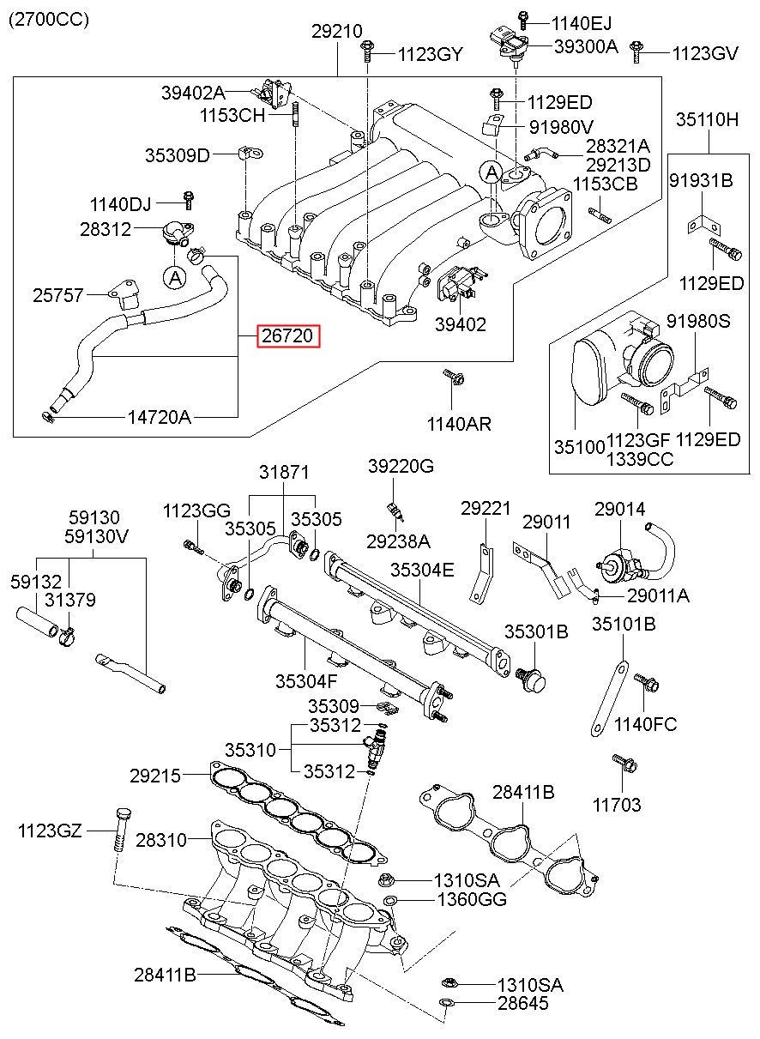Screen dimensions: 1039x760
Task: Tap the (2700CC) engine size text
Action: tap(49, 20)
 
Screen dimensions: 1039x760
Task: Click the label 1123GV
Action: tap(704, 53)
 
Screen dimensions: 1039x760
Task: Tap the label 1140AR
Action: tap(459, 424)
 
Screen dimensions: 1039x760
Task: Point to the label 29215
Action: tap(155, 776)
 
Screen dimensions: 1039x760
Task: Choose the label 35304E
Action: tap(424, 569)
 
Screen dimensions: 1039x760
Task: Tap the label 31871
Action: tap(285, 473)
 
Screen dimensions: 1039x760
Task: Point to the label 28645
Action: tap(520, 1003)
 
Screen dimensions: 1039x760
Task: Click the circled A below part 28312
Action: tap(174, 277)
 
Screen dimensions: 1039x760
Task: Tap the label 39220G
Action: tap(401, 466)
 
